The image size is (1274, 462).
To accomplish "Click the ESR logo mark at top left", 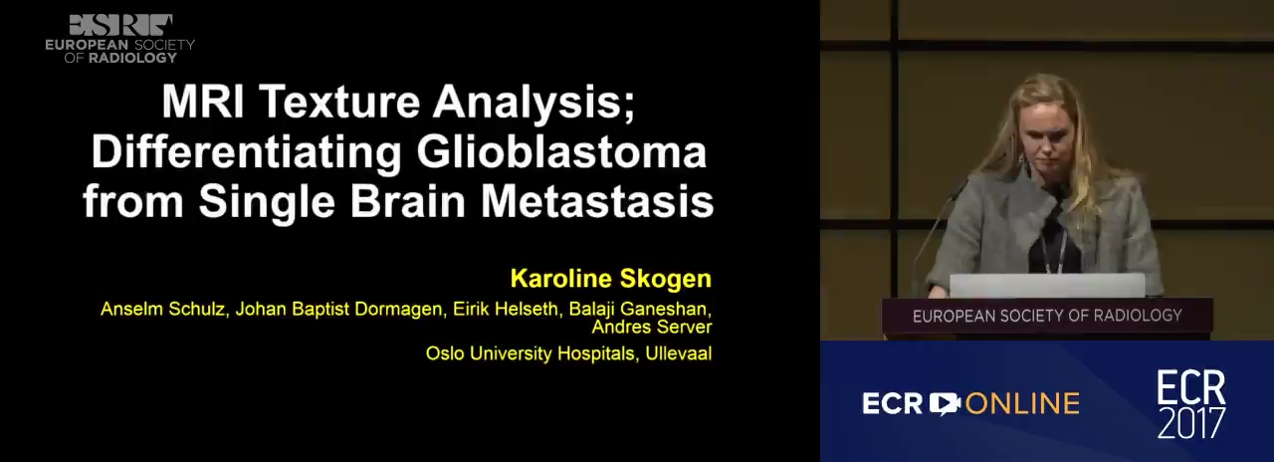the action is (120, 26).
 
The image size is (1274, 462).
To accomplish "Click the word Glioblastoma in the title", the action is (562, 152).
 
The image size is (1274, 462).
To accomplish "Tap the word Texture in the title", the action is (339, 102).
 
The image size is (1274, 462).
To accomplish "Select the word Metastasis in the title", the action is (597, 201).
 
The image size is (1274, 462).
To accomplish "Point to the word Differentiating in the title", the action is (247, 152).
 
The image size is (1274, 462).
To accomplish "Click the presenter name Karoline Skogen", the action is (611, 278).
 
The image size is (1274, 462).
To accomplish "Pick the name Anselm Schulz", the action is (164, 309).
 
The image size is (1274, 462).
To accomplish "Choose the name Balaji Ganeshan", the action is (640, 309).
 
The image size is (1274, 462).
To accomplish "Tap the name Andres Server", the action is (652, 328).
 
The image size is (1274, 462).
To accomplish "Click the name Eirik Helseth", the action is (506, 309).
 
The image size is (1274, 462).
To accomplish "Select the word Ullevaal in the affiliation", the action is (679, 353).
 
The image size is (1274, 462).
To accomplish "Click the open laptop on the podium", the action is (1047, 285).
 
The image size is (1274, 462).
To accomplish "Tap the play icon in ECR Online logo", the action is (945, 404).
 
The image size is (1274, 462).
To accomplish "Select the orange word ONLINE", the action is (1022, 404).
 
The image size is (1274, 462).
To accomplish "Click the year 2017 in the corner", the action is (1191, 423).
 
